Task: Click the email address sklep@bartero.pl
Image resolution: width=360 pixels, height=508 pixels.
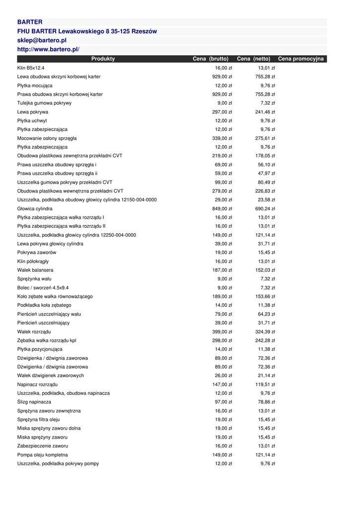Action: tap(42, 40)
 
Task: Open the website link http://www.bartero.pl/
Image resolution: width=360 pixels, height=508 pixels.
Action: tap(48, 49)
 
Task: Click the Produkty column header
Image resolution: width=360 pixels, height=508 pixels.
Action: tap(103, 59)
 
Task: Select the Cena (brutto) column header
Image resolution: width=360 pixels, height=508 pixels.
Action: tap(211, 59)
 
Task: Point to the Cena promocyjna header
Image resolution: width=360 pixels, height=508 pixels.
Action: tap(300, 59)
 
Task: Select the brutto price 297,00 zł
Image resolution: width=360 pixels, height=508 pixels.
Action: tap(222, 112)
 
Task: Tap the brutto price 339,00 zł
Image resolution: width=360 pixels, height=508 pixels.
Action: tap(222, 138)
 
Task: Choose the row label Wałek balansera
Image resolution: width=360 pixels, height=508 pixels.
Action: tap(35, 270)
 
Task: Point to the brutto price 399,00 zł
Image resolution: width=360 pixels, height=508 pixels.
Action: tap(222, 332)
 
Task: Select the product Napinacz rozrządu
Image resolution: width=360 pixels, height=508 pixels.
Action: tap(37, 384)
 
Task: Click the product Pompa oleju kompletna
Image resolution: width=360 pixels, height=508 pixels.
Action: tap(43, 455)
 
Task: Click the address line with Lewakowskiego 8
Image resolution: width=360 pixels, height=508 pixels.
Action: tap(87, 31)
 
